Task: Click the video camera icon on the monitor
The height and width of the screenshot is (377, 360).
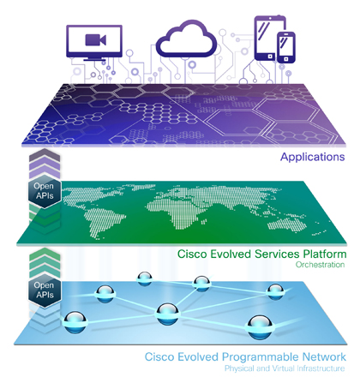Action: coord(95,39)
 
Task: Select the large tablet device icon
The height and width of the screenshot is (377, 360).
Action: coord(267,38)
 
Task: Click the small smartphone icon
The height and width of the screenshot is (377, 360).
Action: coord(286,47)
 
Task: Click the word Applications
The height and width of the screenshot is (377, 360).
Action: coord(313,157)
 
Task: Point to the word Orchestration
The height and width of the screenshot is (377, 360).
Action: coord(320,265)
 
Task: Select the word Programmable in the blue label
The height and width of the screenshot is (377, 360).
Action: coord(261,357)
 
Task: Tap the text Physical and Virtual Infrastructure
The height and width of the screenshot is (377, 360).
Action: coord(285,368)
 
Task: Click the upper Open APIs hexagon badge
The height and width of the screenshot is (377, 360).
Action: coord(45,191)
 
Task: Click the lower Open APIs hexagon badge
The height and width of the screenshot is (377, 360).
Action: coord(45,290)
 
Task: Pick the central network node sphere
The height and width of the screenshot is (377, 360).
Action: coord(167,314)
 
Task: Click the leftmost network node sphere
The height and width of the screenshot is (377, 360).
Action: coord(75,322)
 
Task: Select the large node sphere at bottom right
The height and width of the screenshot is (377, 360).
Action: coord(260,327)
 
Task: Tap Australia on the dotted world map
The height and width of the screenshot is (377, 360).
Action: coord(286,224)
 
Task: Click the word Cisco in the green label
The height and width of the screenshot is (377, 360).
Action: coord(192,254)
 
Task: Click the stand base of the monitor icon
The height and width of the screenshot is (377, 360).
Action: coord(94,59)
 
